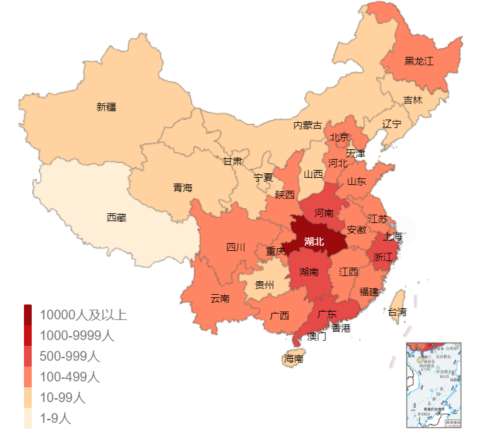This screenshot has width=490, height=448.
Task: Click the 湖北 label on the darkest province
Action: click(314, 242)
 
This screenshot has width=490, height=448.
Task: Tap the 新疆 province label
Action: click(106, 107)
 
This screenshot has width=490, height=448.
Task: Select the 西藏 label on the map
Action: click(117, 218)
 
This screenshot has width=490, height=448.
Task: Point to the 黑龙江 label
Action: click(419, 61)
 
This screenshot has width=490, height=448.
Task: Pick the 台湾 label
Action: click(397, 312)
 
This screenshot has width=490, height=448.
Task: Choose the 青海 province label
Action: click(183, 188)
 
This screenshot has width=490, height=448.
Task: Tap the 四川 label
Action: click(236, 247)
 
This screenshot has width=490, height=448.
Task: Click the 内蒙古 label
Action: click(307, 125)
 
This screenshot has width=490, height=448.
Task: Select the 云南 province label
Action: click(220, 299)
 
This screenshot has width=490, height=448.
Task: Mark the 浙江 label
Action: click(383, 257)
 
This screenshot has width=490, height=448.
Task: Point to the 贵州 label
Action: click(264, 285)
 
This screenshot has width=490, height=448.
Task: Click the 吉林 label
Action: click(412, 100)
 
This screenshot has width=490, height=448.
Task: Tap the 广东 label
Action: click(327, 314)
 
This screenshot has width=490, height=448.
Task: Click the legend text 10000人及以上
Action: click(83, 315)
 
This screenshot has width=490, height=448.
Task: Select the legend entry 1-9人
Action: click(56, 419)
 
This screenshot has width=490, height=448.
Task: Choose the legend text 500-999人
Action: click(69, 356)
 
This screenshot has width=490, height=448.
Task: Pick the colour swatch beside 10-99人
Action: click(28, 398)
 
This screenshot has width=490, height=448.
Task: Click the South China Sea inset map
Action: click(433, 385)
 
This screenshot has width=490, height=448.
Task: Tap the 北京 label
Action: click(339, 137)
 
